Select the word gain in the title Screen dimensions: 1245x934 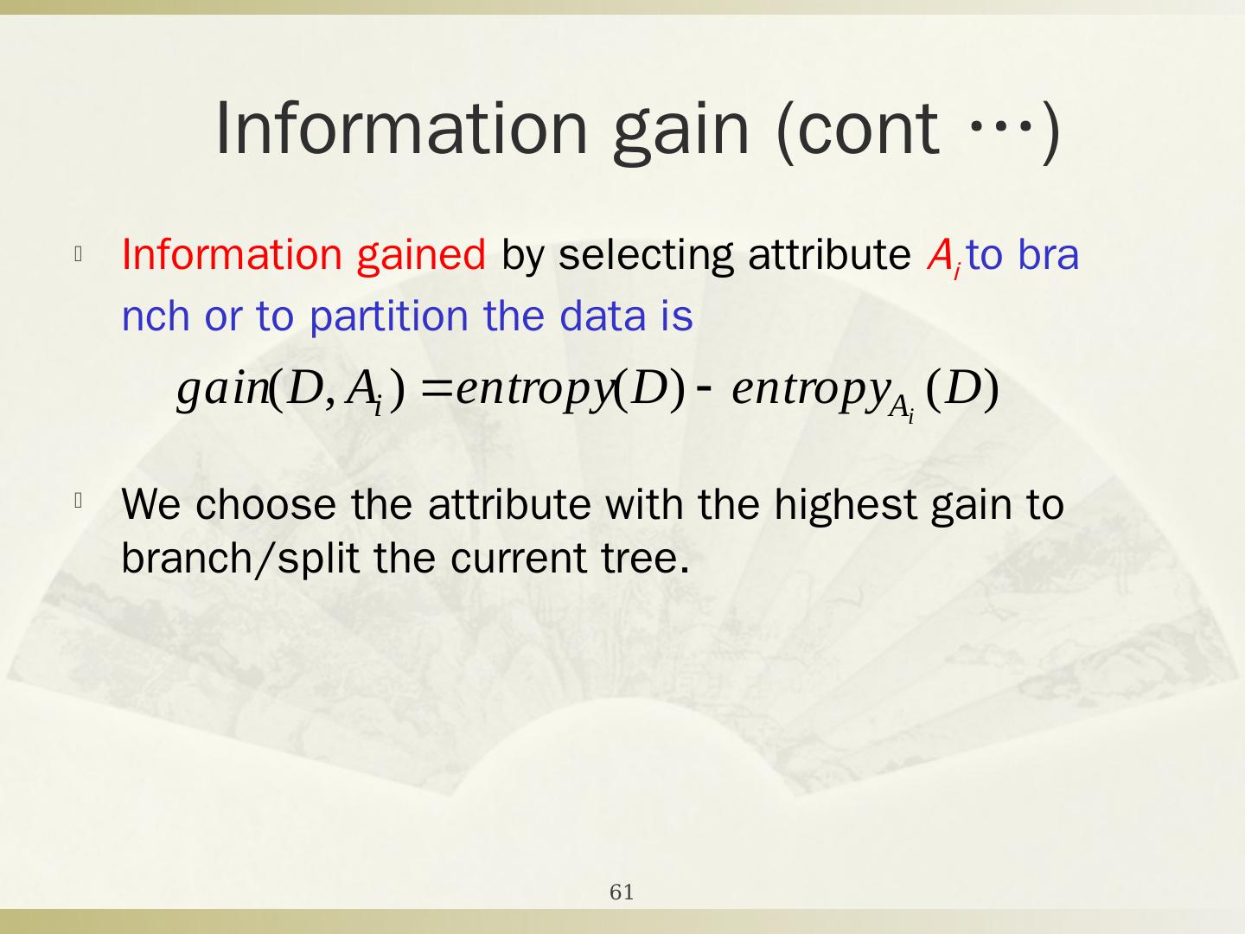pyautogui.click(x=681, y=132)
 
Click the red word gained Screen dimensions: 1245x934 pyautogui.click(x=421, y=254)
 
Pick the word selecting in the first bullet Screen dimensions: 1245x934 pyautogui.click(x=646, y=254)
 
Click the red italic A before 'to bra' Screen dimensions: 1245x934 pyautogui.click(x=940, y=254)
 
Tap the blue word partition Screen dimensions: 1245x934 pyautogui.click(x=389, y=316)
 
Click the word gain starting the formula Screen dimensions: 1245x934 pyautogui.click(x=222, y=390)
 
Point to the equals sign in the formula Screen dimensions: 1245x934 pyautogui.click(x=437, y=389)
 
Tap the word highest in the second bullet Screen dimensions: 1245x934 pyautogui.click(x=845, y=504)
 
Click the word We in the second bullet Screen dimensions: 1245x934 pyautogui.click(x=151, y=504)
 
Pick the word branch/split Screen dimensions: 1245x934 pyautogui.click(x=240, y=558)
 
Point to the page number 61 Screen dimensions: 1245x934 pyautogui.click(x=622, y=892)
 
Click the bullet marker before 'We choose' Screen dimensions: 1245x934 pyautogui.click(x=79, y=501)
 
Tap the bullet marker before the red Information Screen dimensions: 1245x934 pyautogui.click(x=79, y=253)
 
